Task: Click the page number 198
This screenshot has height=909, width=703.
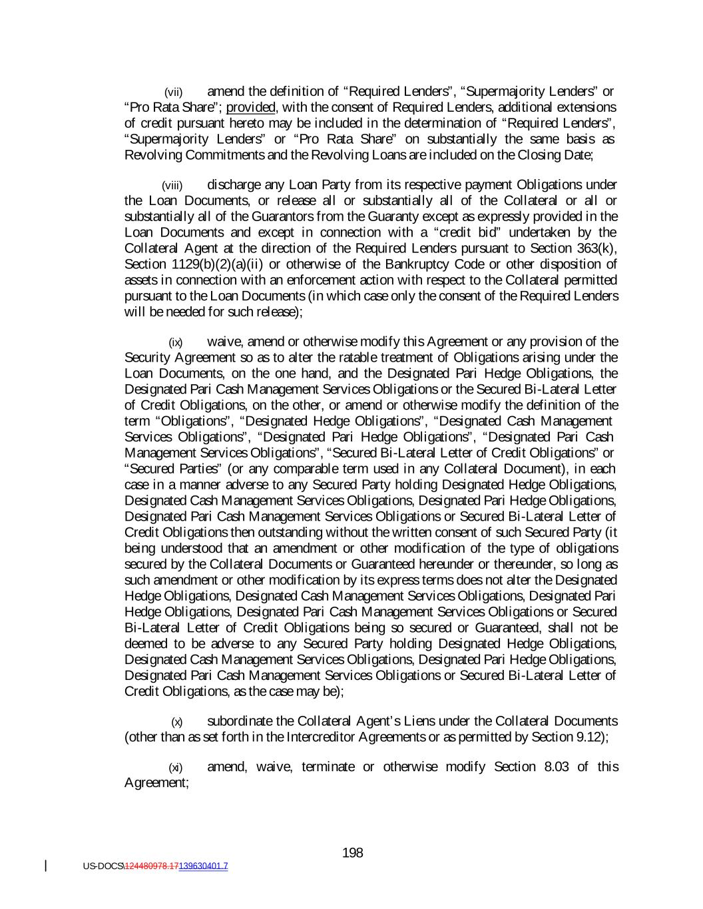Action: [x=352, y=852]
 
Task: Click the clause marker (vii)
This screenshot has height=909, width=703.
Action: [x=173, y=92]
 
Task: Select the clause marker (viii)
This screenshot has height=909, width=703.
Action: [x=172, y=185]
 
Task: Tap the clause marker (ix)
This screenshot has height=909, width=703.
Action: [x=175, y=343]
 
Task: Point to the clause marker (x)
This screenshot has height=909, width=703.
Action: [x=176, y=722]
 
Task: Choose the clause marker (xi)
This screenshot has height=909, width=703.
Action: [x=175, y=767]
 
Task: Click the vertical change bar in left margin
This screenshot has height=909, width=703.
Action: [x=45, y=866]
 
